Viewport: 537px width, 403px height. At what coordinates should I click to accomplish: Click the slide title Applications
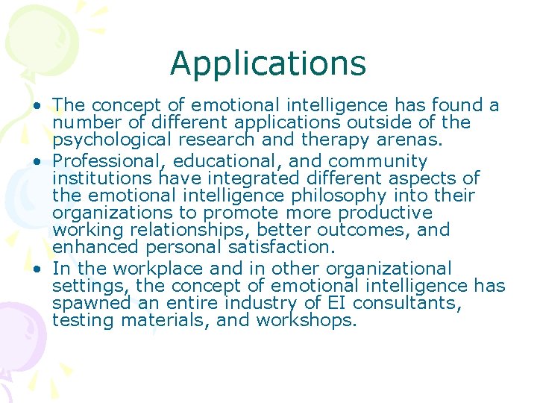click(268, 63)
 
